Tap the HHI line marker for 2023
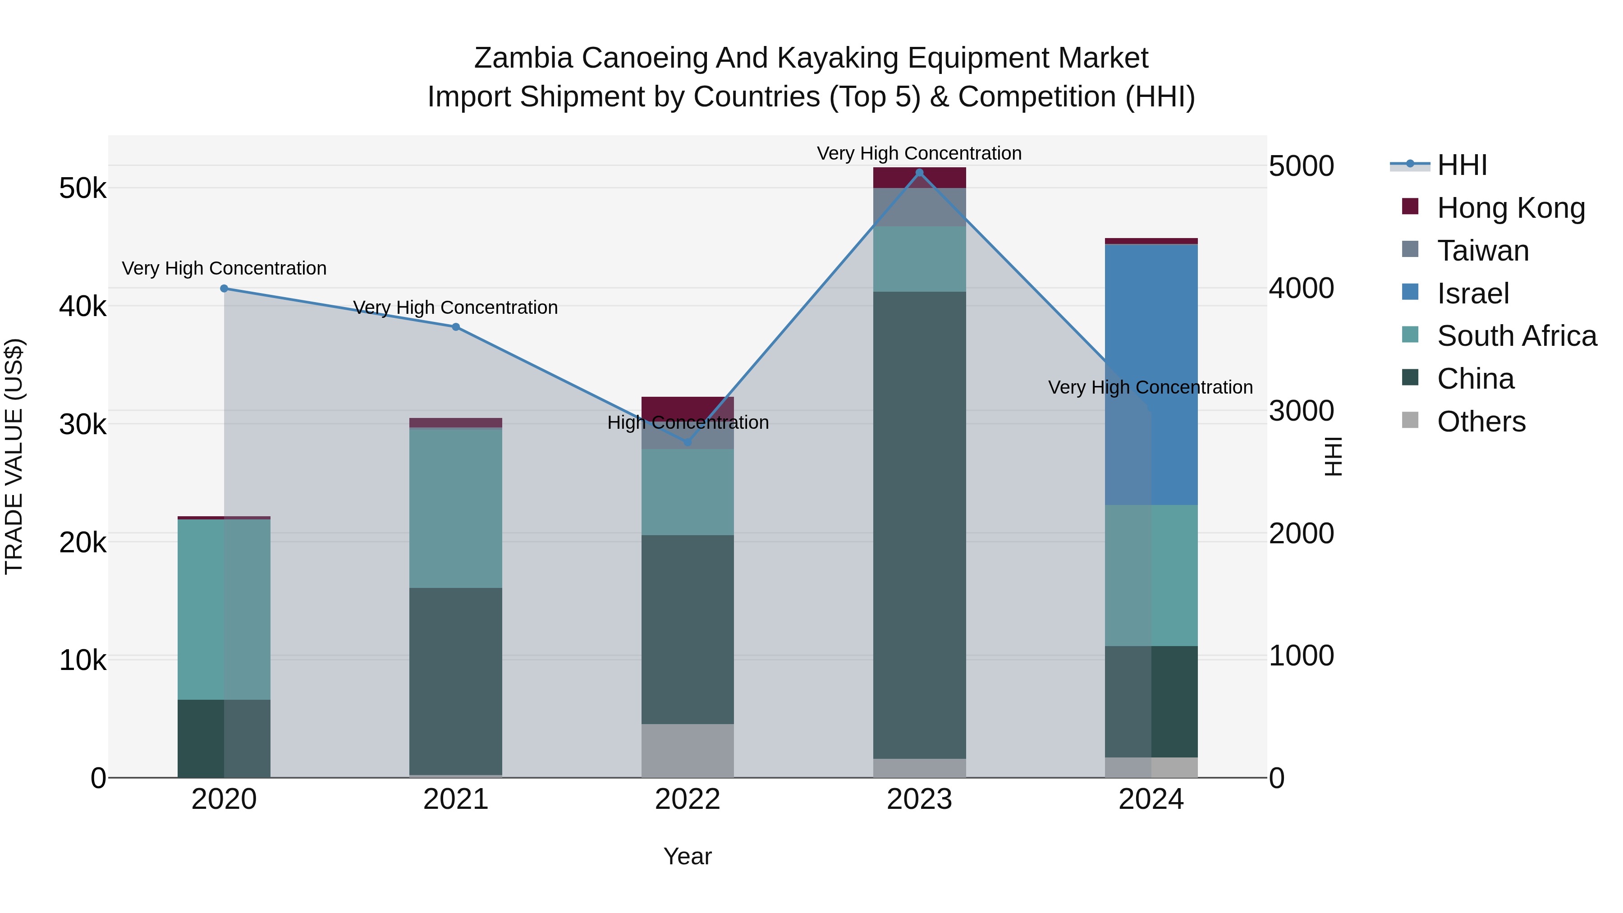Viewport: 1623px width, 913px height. coord(919,173)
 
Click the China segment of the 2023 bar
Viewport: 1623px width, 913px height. coord(919,524)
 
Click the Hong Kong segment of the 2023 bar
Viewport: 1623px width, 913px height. coord(919,178)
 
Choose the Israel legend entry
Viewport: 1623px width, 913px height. coord(1472,294)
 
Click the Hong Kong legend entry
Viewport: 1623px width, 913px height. coord(1510,208)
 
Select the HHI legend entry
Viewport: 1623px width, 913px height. coord(1462,165)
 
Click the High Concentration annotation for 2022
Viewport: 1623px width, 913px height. coord(688,423)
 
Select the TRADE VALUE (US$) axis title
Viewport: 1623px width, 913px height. coord(14,456)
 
